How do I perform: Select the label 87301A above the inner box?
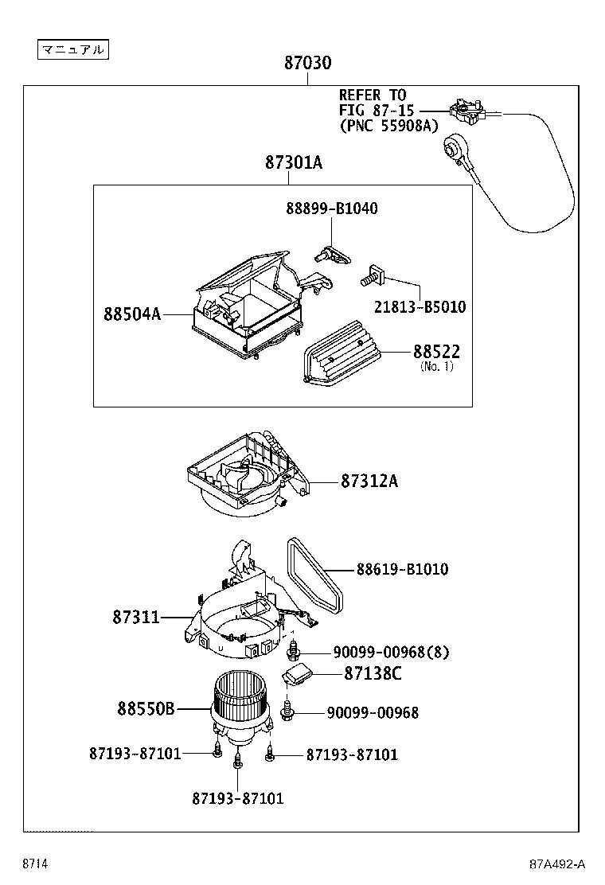coord(294,163)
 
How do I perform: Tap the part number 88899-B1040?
coord(331,209)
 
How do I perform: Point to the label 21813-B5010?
coord(420,306)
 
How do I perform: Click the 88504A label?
coord(132,314)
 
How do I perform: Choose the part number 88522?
coord(436,352)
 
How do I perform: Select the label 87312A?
coord(369,481)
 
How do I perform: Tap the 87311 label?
coord(136,617)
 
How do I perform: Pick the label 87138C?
coord(373,674)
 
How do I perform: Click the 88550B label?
coord(146,708)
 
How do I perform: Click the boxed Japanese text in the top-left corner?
coord(72,49)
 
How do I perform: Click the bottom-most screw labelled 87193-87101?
coord(236,763)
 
